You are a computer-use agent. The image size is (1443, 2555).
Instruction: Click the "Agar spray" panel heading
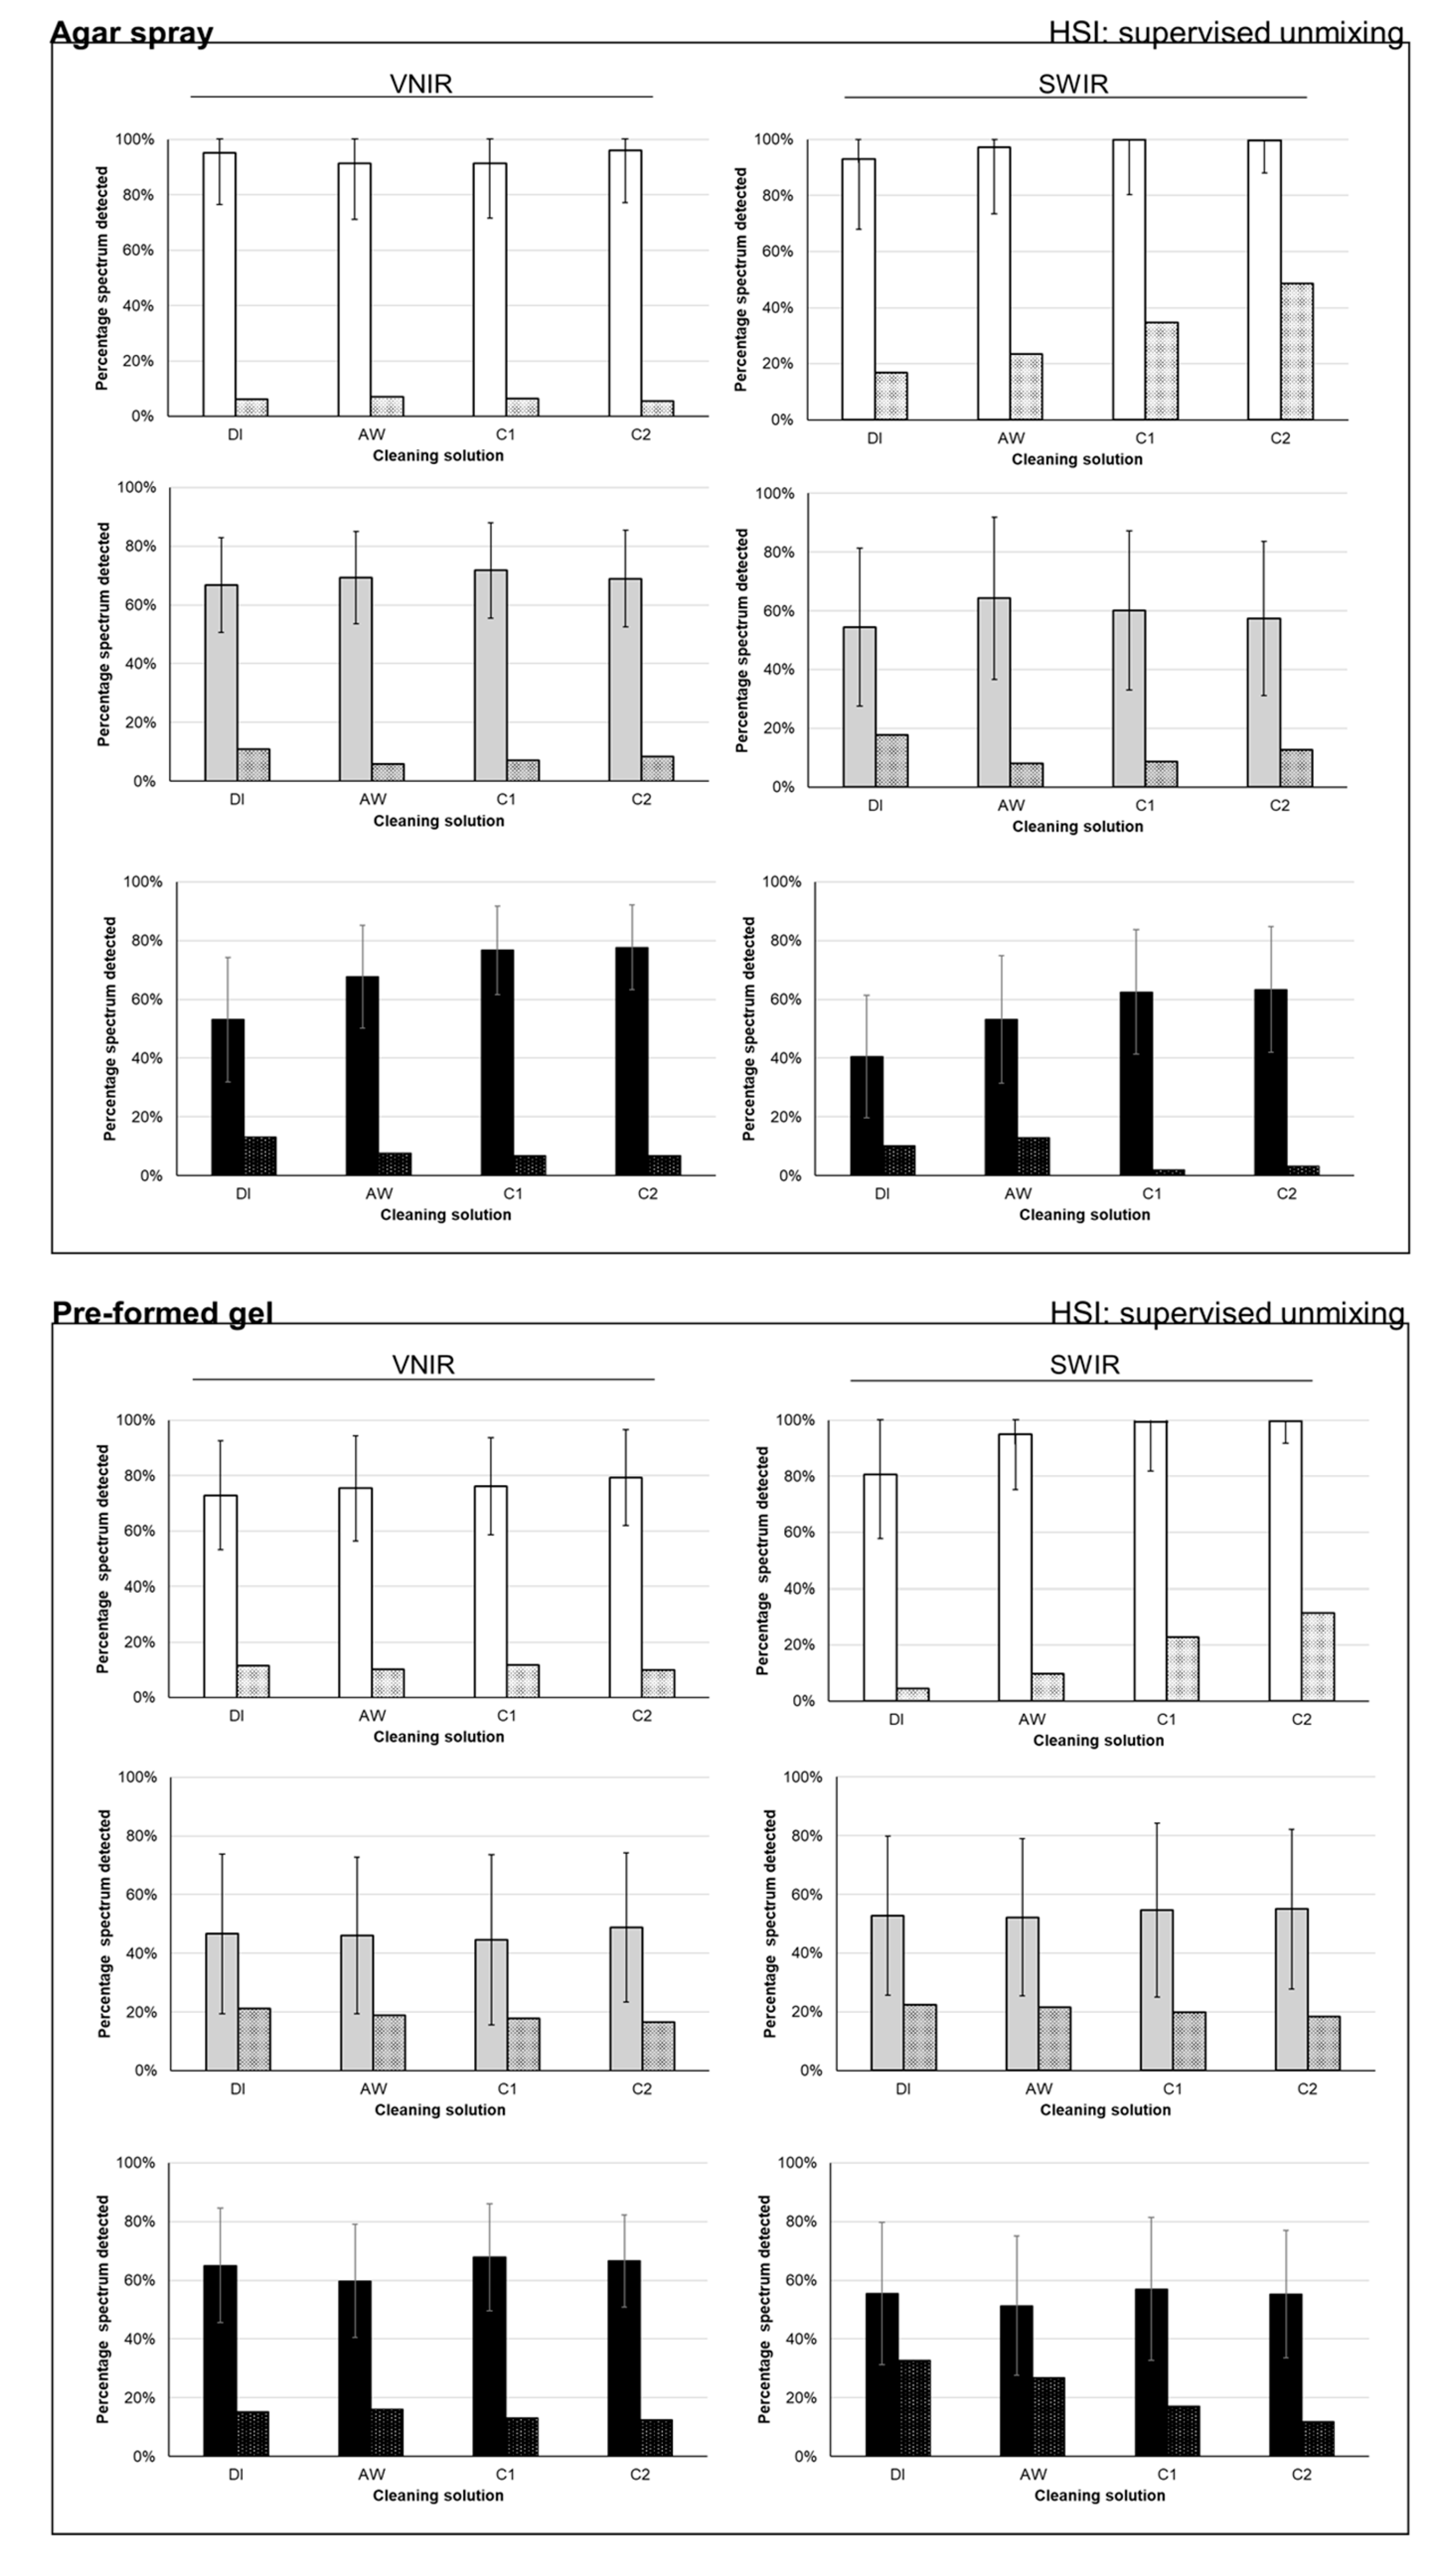(x=132, y=33)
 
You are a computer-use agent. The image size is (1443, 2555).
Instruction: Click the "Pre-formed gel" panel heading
(x=162, y=1312)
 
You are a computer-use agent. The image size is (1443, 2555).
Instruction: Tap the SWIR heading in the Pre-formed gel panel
(x=1084, y=1364)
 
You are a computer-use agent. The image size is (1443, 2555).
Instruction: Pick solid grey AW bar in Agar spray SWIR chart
(x=994, y=692)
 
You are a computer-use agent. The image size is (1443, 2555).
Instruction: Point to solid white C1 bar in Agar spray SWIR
(x=1129, y=280)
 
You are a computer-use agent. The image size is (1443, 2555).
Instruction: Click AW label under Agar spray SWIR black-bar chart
(x=1017, y=1194)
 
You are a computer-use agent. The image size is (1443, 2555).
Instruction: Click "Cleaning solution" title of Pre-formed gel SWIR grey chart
(x=1105, y=2110)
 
